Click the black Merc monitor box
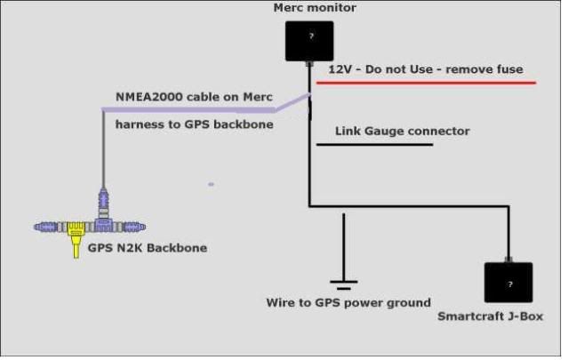coord(308,41)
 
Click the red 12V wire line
coord(427,83)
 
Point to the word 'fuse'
coord(509,68)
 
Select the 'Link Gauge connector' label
coord(402,131)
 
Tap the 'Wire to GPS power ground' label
coord(348,302)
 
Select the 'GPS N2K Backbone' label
coord(147,248)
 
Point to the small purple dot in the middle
coord(211,184)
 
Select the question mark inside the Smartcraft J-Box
coord(508,284)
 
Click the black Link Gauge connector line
coord(373,144)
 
